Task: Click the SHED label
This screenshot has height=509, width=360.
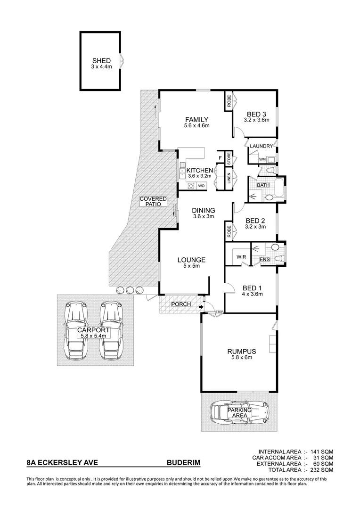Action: click(x=101, y=61)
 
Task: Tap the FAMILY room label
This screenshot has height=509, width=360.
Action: click(x=196, y=119)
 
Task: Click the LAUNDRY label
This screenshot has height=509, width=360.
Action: click(x=262, y=146)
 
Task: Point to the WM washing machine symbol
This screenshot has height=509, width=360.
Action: click(x=262, y=160)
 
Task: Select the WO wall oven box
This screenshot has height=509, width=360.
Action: click(x=201, y=186)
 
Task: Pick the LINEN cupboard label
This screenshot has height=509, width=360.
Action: click(x=229, y=178)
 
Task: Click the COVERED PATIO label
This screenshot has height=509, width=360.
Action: click(x=153, y=202)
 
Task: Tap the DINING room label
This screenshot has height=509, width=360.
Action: click(x=204, y=211)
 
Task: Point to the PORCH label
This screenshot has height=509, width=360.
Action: click(x=181, y=304)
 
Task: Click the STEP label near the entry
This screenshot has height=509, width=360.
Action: click(x=219, y=312)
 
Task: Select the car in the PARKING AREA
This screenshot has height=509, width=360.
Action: click(x=239, y=411)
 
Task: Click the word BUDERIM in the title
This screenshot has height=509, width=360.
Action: click(x=183, y=463)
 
